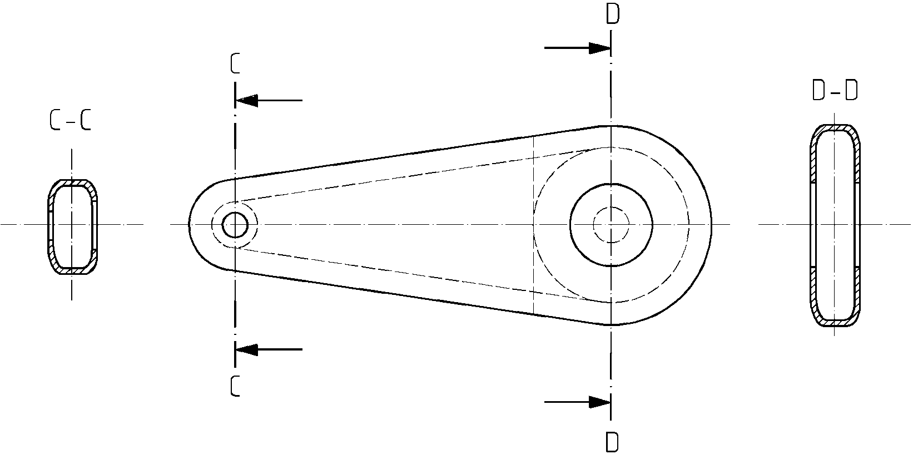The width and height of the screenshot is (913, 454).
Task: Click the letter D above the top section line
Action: [613, 14]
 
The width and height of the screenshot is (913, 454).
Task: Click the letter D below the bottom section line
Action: [612, 442]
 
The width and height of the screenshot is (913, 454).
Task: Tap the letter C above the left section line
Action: [235, 64]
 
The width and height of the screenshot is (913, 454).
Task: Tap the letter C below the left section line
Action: [235, 386]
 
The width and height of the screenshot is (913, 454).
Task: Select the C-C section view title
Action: [70, 121]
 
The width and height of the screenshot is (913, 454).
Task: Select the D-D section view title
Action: [835, 91]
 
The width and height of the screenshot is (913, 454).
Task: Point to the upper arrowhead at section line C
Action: [247, 100]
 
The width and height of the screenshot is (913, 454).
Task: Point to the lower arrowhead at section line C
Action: [247, 349]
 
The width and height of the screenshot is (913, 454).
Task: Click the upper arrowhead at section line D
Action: [599, 48]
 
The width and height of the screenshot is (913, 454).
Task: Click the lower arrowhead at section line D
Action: [599, 402]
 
